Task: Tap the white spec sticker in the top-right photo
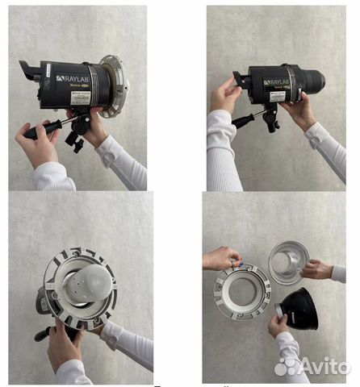tap(277, 95)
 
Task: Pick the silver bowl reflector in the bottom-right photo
tap(288, 260)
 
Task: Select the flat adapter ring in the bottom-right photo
tap(242, 290)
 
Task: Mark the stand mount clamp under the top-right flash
tap(270, 119)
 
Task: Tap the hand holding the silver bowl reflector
tap(316, 269)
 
